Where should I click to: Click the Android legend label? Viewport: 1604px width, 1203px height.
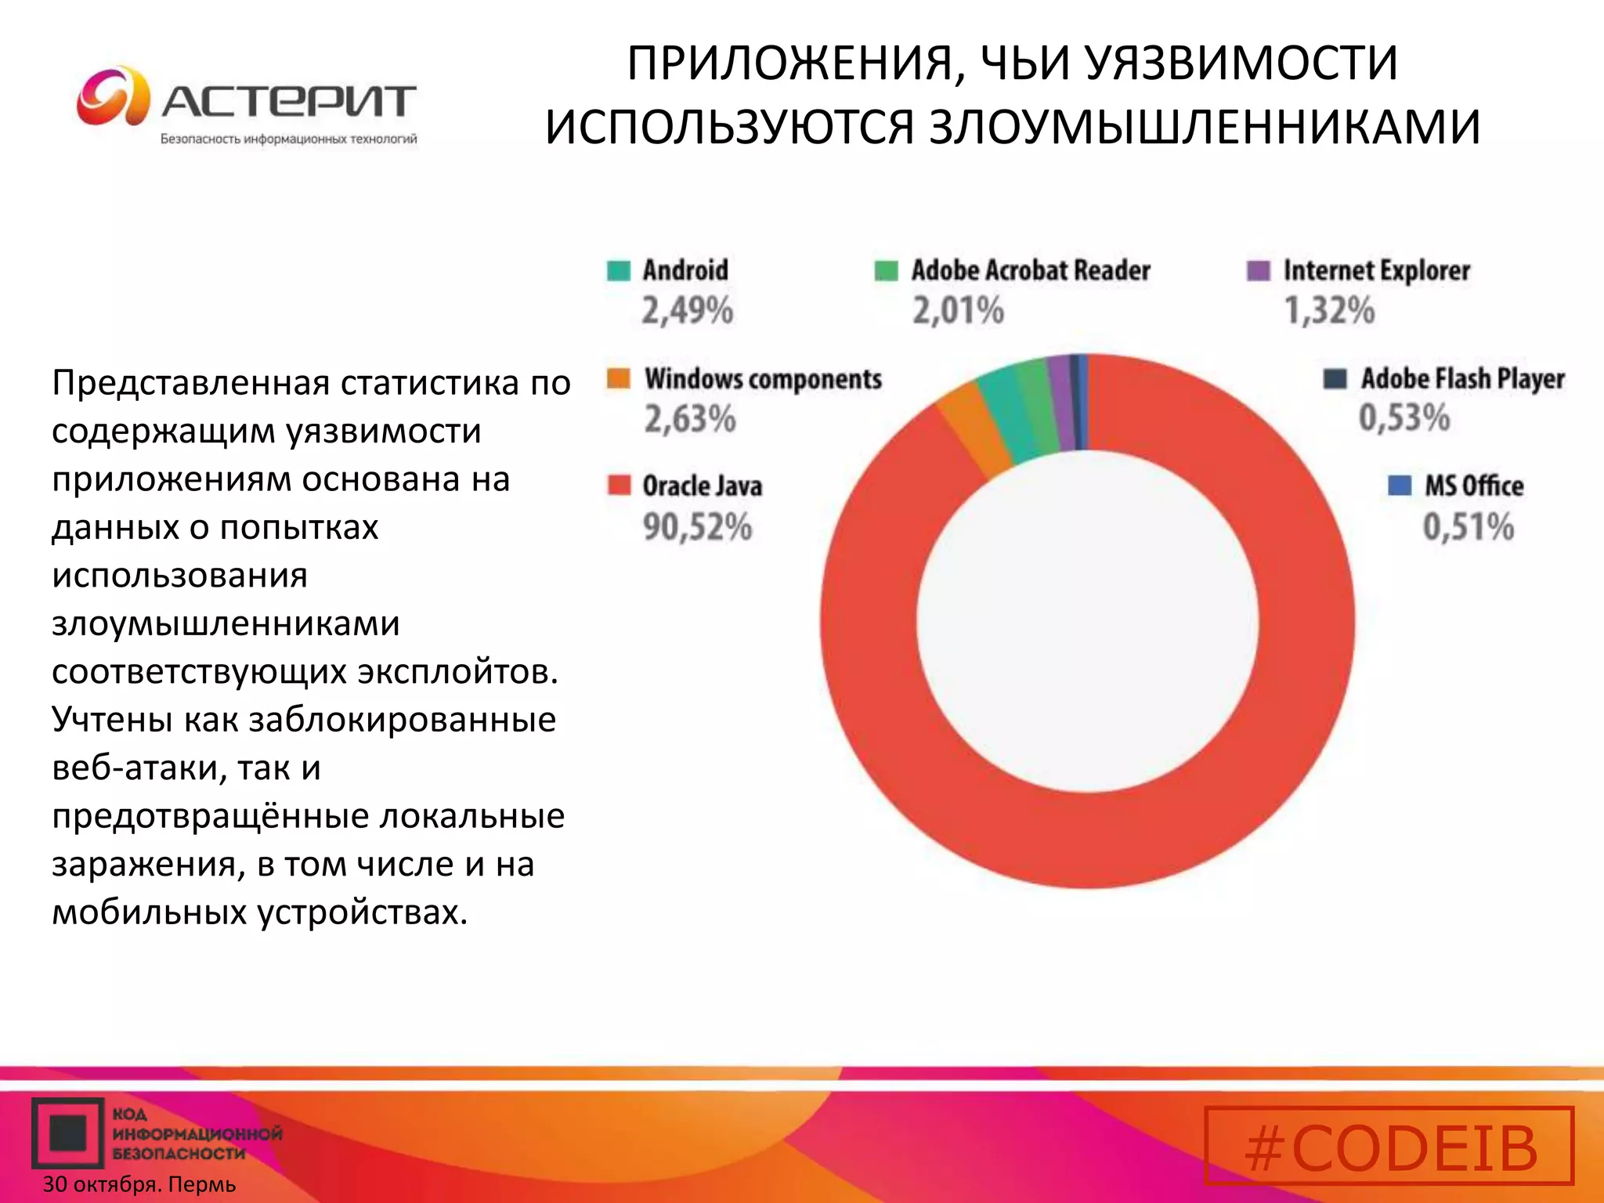[x=685, y=270]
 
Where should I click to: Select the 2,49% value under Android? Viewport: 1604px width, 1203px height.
[x=688, y=310]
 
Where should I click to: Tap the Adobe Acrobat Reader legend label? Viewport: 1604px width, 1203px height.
[x=1031, y=270]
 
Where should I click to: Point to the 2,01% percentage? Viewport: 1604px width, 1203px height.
[x=958, y=310]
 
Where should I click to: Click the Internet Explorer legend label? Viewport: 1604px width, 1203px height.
[x=1376, y=270]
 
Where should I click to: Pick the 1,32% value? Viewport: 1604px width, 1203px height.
[x=1329, y=310]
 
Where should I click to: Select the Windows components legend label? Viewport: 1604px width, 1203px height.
[x=763, y=379]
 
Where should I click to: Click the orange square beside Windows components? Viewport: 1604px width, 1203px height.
[x=619, y=378]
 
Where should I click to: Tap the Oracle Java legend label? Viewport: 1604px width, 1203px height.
[x=702, y=486]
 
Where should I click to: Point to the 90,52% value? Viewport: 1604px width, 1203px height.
[x=697, y=526]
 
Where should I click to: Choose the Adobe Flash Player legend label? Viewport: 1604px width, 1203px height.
[x=1462, y=379]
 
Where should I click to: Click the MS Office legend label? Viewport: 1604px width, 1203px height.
[x=1474, y=486]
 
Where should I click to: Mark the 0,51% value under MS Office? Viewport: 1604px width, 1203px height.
[x=1468, y=526]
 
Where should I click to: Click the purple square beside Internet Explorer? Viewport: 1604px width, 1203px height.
[x=1258, y=270]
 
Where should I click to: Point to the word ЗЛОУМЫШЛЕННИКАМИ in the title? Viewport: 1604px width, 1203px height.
[x=1205, y=127]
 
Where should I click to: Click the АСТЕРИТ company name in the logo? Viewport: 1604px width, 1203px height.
[x=288, y=102]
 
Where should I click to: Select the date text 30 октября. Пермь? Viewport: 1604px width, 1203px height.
[x=139, y=1184]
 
